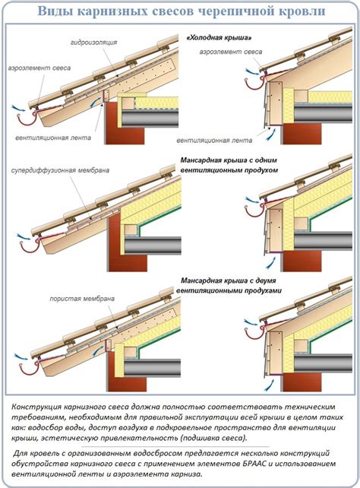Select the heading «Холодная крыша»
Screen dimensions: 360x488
[219, 38]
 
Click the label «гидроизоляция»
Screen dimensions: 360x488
[93, 43]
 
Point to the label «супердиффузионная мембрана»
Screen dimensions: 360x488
[60, 170]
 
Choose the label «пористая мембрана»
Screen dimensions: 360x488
[82, 299]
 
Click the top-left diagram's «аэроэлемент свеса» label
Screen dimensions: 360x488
[39, 68]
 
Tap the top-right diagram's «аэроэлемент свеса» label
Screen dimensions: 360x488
[231, 52]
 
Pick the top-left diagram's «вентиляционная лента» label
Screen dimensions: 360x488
[53, 138]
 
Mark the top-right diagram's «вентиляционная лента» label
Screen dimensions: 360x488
[214, 141]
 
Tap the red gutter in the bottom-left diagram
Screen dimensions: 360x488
[29, 369]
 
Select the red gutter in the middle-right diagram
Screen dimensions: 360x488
[254, 210]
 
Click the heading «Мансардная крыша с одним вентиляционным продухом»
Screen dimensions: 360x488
[229, 165]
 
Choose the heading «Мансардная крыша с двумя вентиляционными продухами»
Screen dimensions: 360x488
[229, 285]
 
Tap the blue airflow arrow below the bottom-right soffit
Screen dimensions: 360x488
[270, 386]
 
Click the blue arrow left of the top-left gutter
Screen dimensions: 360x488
[19, 108]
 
